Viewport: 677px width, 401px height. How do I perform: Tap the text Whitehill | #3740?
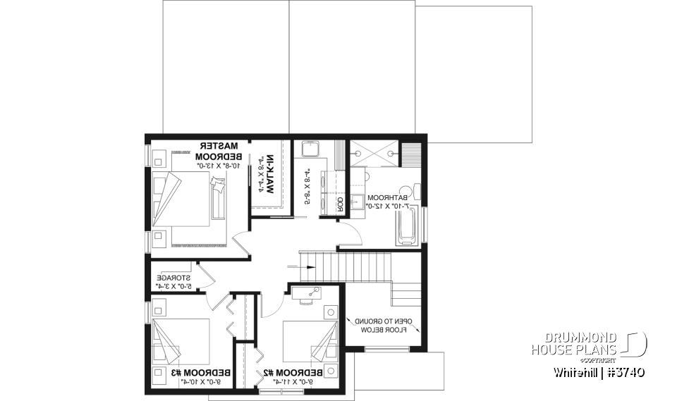[x=598, y=371]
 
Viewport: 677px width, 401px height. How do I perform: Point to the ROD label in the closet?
[x=339, y=204]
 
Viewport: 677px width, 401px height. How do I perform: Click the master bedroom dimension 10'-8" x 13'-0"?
[x=218, y=165]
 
